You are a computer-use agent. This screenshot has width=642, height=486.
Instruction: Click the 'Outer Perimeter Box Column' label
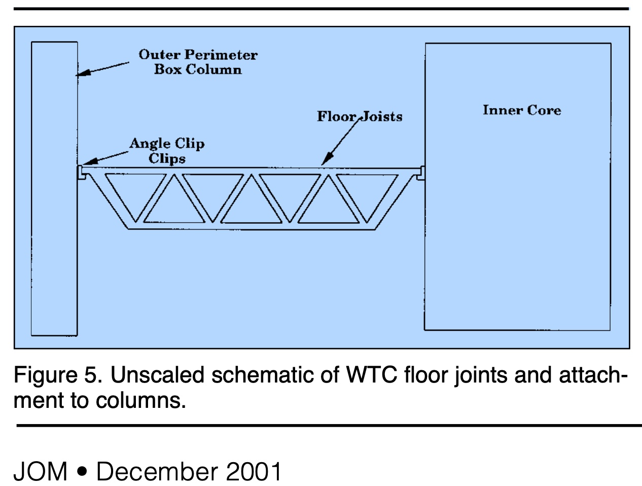tap(198, 62)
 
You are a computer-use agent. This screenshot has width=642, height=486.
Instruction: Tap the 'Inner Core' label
tap(522, 110)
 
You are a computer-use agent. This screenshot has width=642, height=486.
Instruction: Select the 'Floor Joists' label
tap(360, 117)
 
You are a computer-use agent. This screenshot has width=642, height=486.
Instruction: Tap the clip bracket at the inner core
tap(420, 173)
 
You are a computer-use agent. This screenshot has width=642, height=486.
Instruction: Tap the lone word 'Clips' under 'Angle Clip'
tap(167, 159)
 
